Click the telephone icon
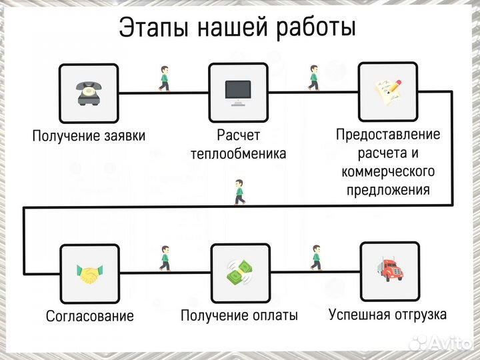[89, 93]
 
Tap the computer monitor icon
[238, 92]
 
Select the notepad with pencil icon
[388, 92]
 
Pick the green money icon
[239, 273]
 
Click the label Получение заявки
[89, 136]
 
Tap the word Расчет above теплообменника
[238, 135]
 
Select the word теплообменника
[238, 154]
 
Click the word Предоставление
[388, 135]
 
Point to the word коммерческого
[388, 171]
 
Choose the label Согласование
[89, 315]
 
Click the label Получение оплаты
[239, 315]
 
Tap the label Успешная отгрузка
[388, 313]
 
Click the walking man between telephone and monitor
[164, 79]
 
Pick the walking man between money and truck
[316, 259]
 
